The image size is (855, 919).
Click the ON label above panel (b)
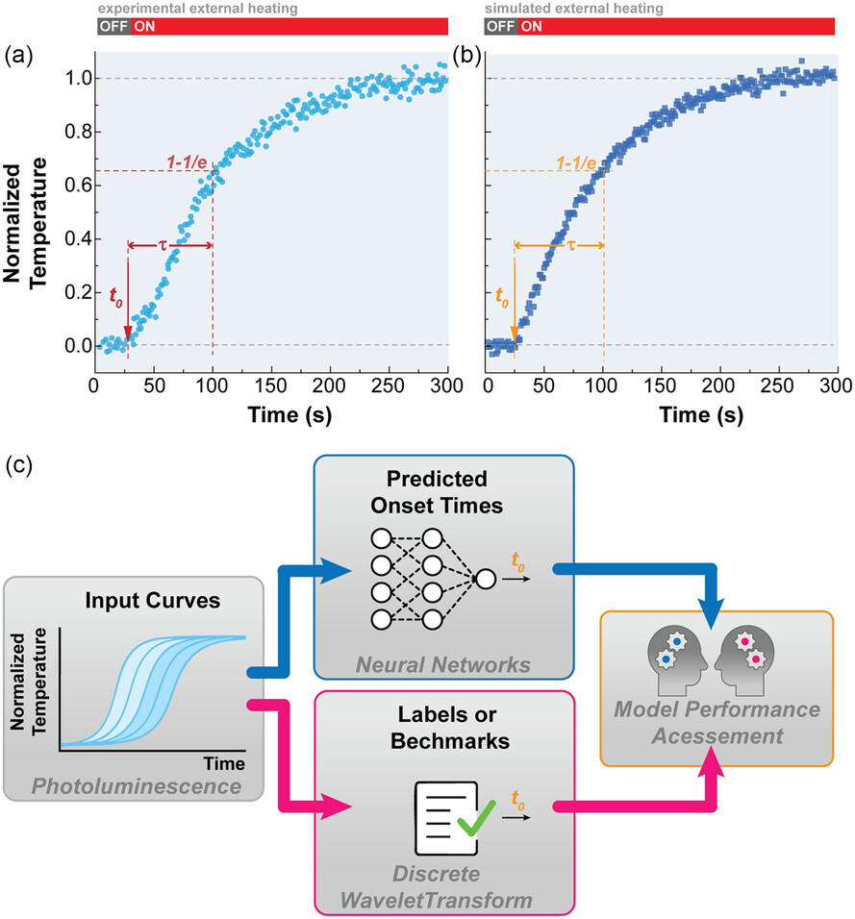(531, 27)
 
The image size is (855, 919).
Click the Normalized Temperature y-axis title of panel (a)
(28, 211)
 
